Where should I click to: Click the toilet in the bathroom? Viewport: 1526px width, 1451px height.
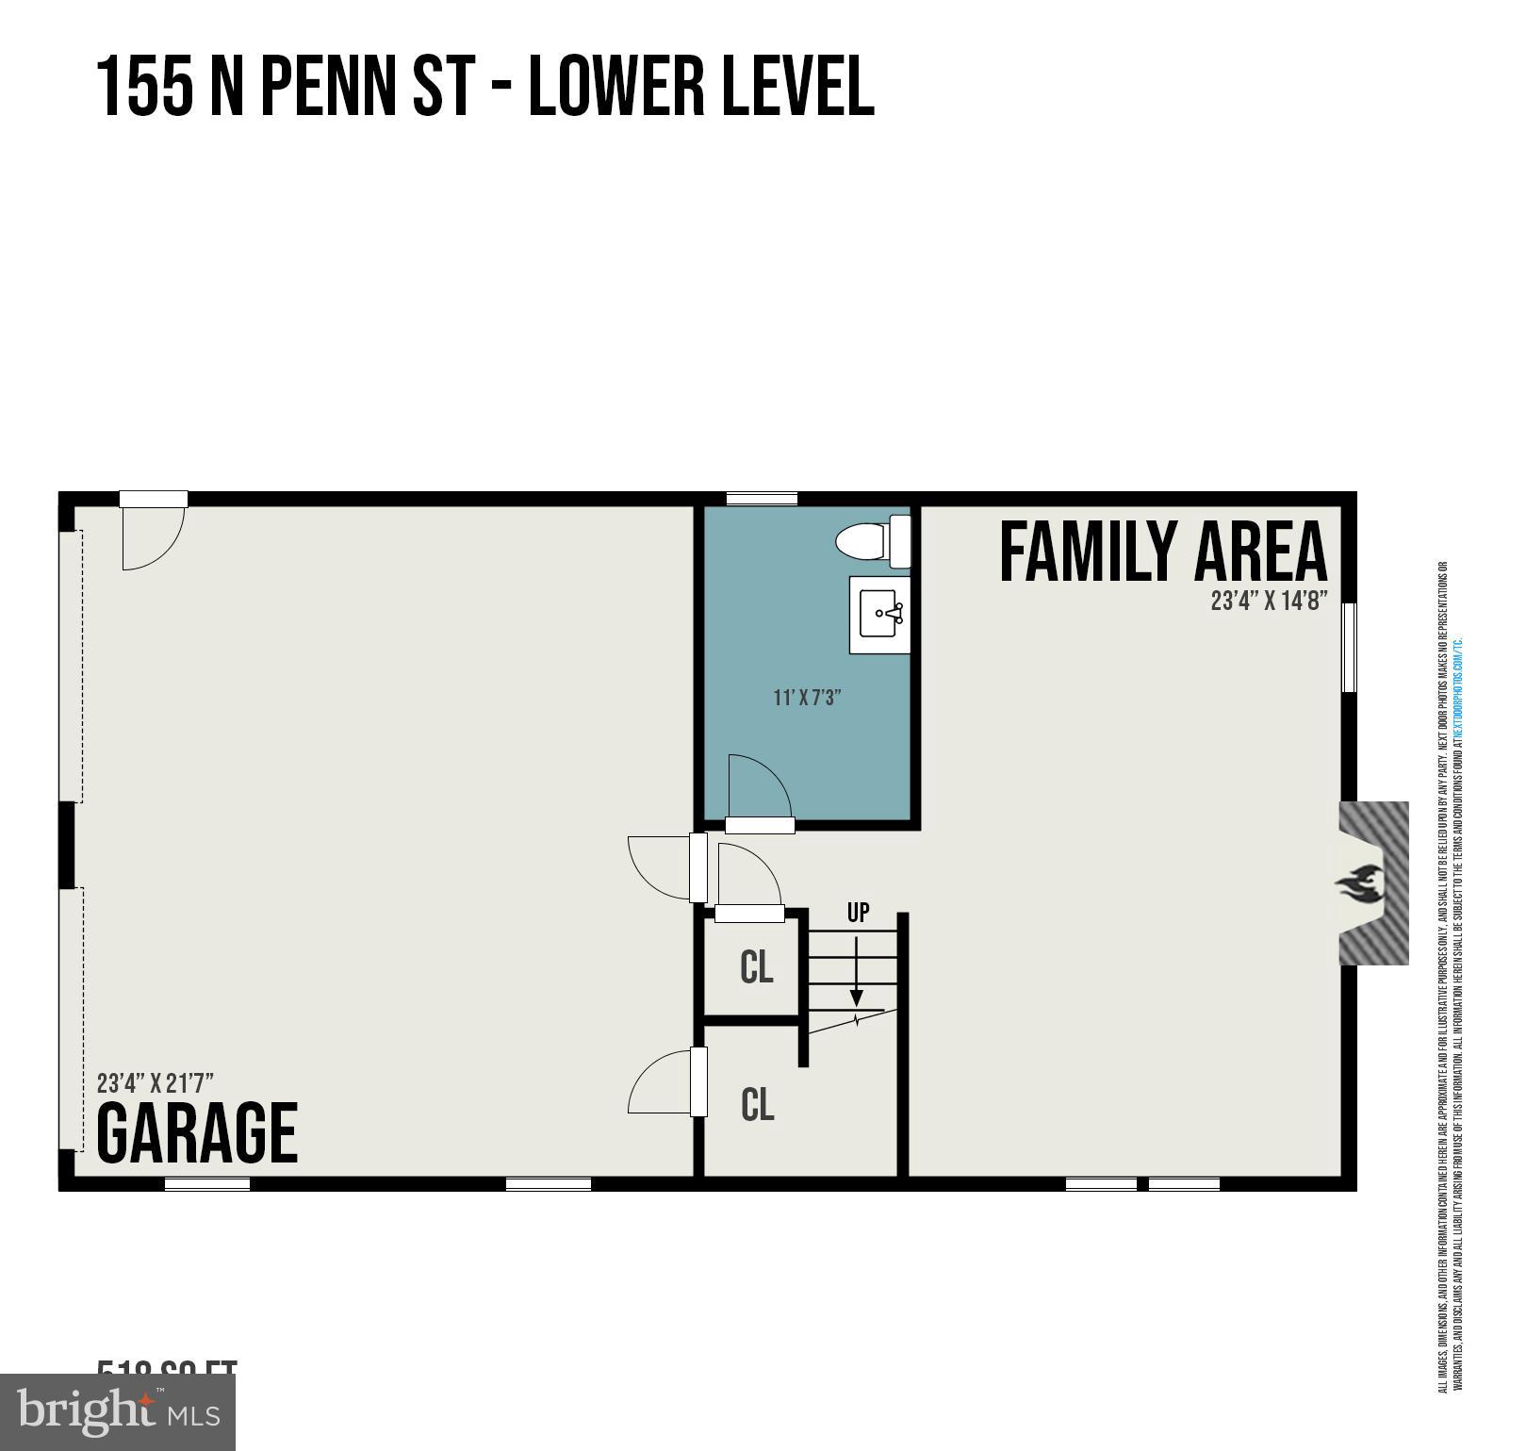point(872,542)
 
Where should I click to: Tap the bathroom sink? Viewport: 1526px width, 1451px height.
point(879,615)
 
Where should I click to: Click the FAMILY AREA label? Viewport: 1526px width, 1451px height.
point(1162,552)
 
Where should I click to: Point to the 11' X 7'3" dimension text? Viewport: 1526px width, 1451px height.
point(807,698)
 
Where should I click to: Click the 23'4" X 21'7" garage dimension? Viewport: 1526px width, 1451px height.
point(156,1081)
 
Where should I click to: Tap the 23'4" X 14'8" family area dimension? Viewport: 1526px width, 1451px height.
point(1269,601)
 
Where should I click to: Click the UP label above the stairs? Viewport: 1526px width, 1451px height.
point(858,913)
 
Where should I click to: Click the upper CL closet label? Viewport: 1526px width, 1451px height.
point(757,967)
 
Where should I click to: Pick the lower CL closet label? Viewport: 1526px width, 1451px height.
point(757,1104)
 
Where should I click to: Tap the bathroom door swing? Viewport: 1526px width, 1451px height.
point(756,787)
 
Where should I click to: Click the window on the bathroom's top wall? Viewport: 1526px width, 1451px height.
point(762,499)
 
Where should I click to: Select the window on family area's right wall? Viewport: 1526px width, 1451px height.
point(1349,648)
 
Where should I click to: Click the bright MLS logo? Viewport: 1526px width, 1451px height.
point(118,1411)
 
